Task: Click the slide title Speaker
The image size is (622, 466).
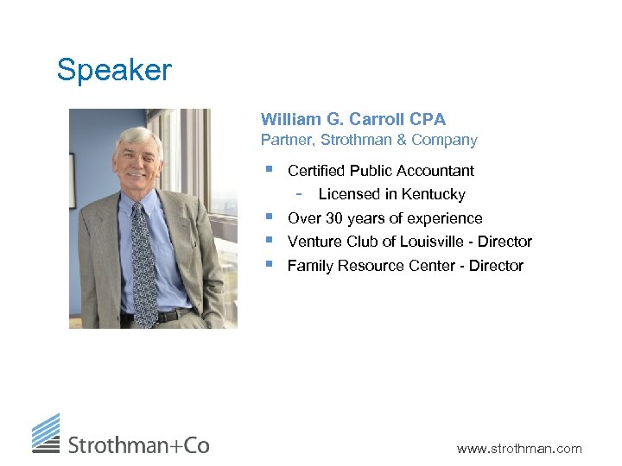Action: [114, 70]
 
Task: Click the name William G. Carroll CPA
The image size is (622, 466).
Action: [352, 119]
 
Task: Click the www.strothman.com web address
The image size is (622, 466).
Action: [519, 448]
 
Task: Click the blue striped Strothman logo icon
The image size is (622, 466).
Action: [46, 433]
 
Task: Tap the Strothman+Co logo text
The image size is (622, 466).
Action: [138, 445]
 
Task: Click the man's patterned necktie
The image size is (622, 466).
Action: [143, 259]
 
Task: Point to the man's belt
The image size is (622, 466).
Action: [164, 317]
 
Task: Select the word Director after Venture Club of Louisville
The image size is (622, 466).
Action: [505, 242]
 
